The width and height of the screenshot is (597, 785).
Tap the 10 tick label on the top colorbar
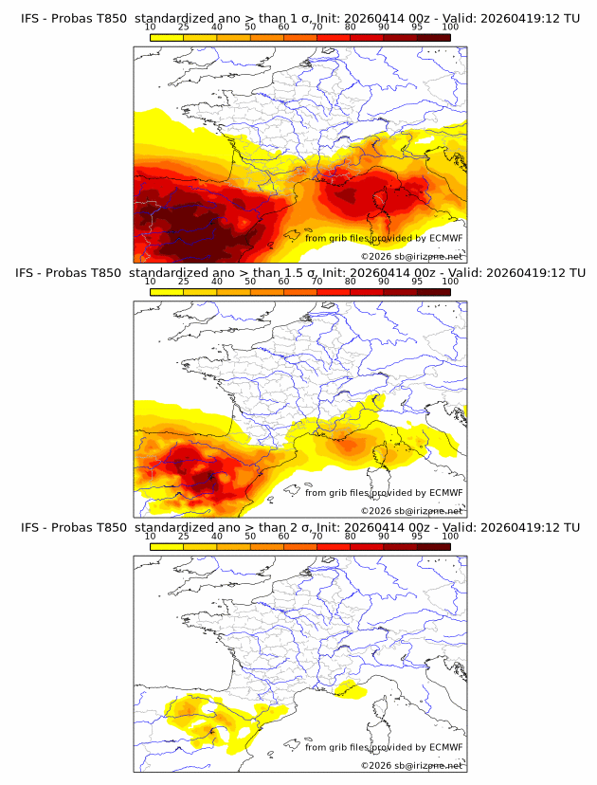click(x=150, y=28)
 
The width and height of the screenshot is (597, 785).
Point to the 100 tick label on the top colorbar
click(x=450, y=28)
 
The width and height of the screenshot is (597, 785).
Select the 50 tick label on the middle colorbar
click(x=250, y=283)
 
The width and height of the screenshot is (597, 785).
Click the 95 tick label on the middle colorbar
click(x=417, y=283)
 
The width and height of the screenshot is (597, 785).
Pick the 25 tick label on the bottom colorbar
click(x=183, y=537)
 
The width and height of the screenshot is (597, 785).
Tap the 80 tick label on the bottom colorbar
click(x=351, y=537)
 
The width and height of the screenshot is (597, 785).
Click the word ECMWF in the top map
click(x=445, y=238)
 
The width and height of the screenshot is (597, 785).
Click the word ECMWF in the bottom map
click(x=445, y=747)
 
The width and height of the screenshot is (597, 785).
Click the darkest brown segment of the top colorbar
click(x=433, y=37)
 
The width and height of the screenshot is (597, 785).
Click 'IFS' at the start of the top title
click(x=32, y=19)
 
